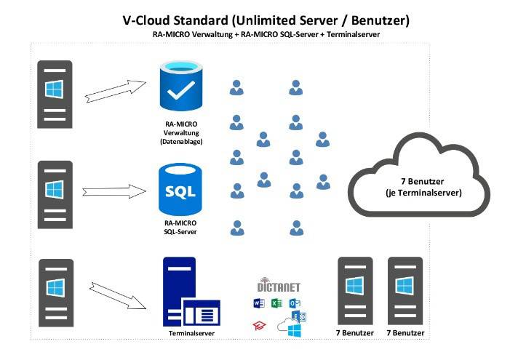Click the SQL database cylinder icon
pyautogui.click(x=180, y=190)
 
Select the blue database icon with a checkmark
pyautogui.click(x=181, y=86)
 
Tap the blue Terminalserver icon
pyautogui.click(x=191, y=292)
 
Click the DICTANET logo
pyautogui.click(x=279, y=285)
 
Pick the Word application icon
pyautogui.click(x=259, y=303)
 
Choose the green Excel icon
pyautogui.click(x=276, y=303)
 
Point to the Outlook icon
pyautogui.click(x=295, y=303)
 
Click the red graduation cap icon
pyautogui.click(x=259, y=325)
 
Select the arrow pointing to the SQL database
pyautogui.click(x=114, y=191)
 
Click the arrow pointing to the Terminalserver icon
pyautogui.click(x=118, y=296)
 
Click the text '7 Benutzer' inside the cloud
pyautogui.click(x=423, y=181)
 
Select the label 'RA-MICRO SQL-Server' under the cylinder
pyautogui.click(x=180, y=228)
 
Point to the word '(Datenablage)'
pyautogui.click(x=181, y=142)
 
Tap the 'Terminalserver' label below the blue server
pyautogui.click(x=191, y=333)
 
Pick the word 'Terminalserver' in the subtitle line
pyautogui.click(x=354, y=34)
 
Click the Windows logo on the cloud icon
pyautogui.click(x=295, y=330)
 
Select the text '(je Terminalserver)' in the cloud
pyautogui.click(x=423, y=193)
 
